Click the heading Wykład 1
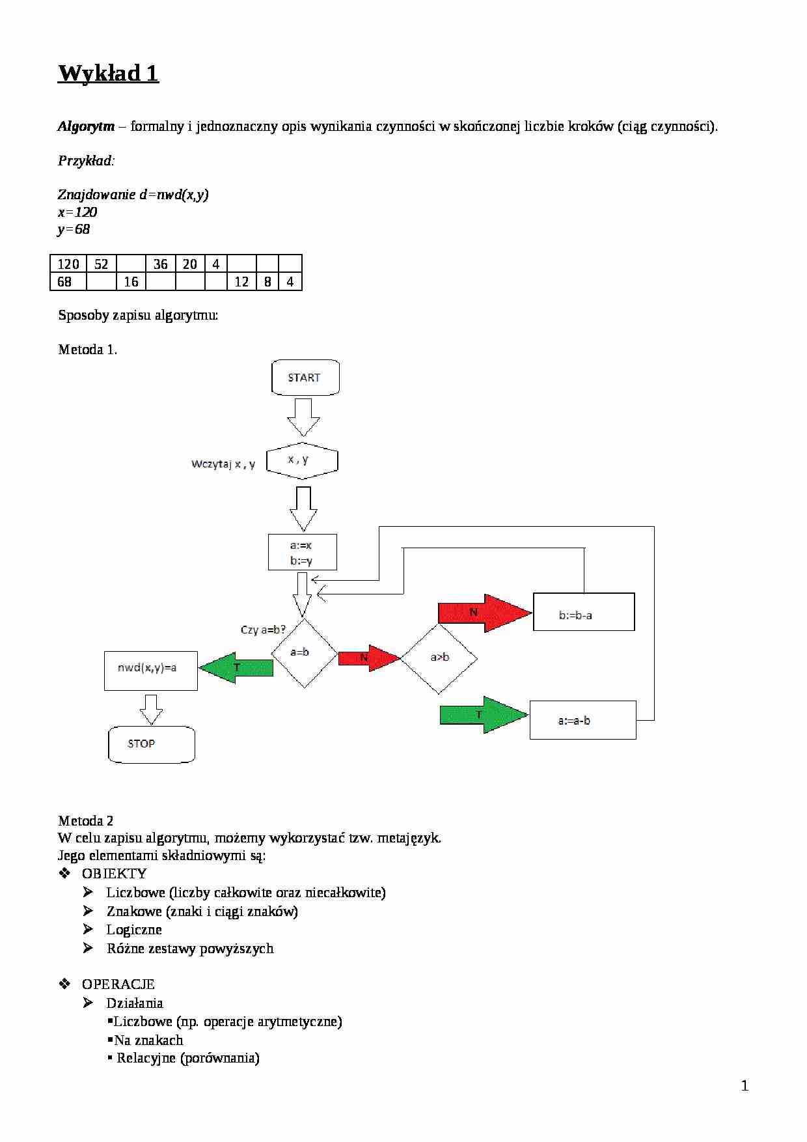tap(108, 73)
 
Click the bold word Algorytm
tap(86, 126)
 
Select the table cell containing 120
tap(68, 264)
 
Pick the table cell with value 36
tap(160, 264)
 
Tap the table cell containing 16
tap(131, 281)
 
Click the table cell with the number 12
tap(241, 281)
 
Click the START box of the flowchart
tap(305, 378)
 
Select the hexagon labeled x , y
tap(302, 460)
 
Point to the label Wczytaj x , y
tap(223, 464)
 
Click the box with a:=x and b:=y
tap(302, 552)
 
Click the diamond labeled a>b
tap(439, 658)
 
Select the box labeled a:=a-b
tap(582, 720)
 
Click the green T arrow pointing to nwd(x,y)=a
tap(236, 668)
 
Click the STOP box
tap(151, 744)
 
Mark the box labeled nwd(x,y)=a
tap(150, 670)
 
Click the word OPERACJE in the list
tap(118, 984)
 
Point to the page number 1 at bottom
tap(745, 1085)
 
